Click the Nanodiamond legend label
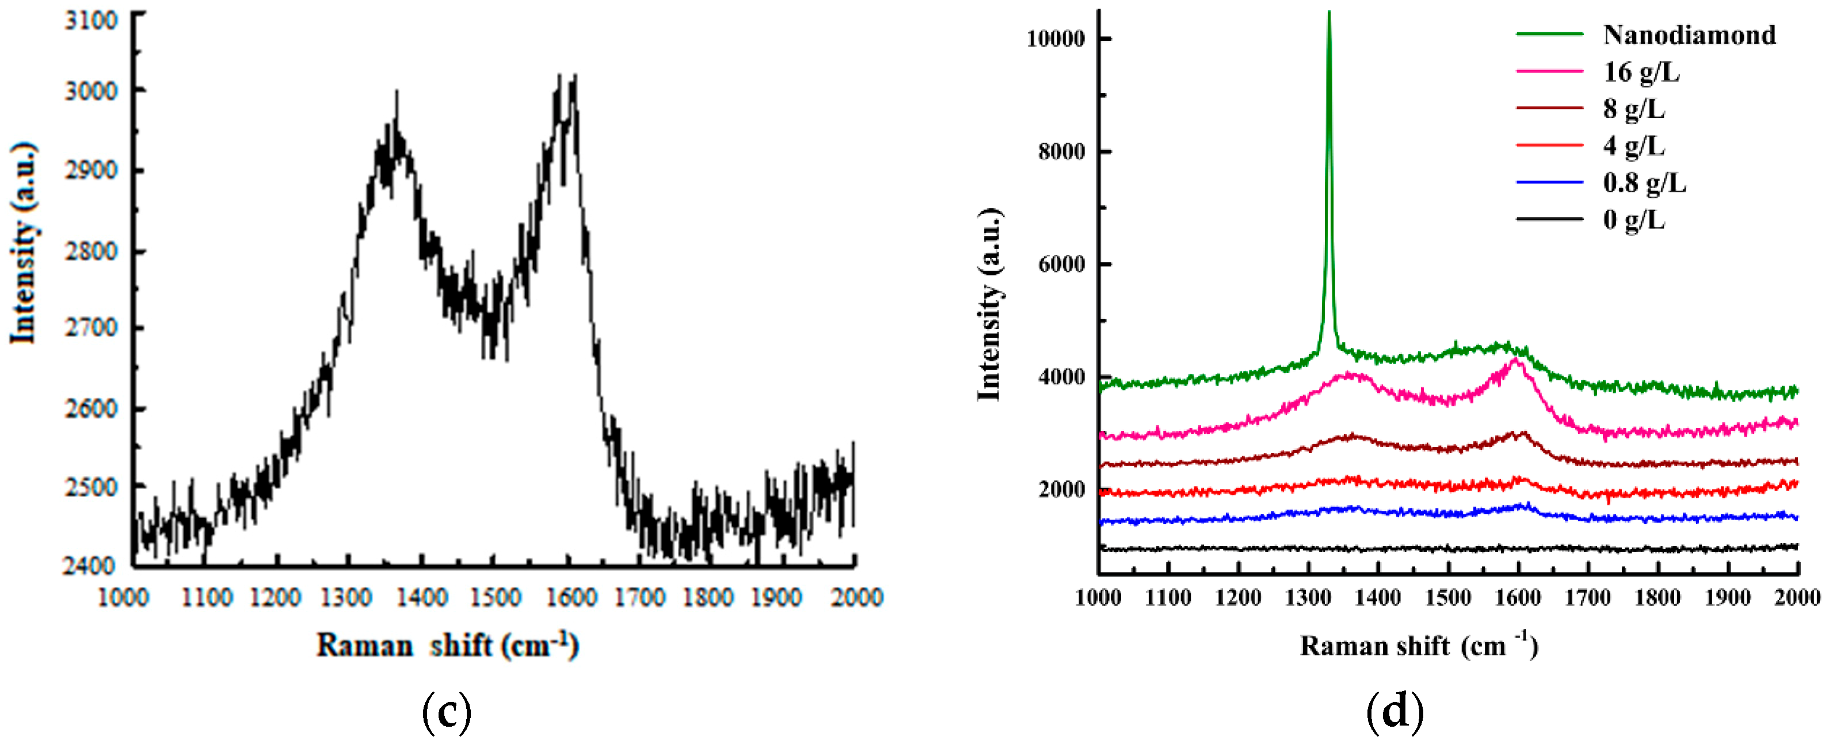pos(1689,35)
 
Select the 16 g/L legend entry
pos(1641,71)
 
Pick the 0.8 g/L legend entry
pos(1644,183)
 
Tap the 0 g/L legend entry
pos(1634,220)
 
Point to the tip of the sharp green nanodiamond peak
pos(1328,13)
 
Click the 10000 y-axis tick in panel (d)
pos(1055,39)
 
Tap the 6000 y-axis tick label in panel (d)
pos(1061,264)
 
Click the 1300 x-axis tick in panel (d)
pos(1307,598)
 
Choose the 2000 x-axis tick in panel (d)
pos(1797,598)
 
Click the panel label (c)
pos(447,712)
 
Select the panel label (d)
pos(1395,712)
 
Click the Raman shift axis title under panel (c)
pos(447,645)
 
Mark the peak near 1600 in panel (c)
pos(567,77)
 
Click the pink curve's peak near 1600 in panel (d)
pos(1515,360)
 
